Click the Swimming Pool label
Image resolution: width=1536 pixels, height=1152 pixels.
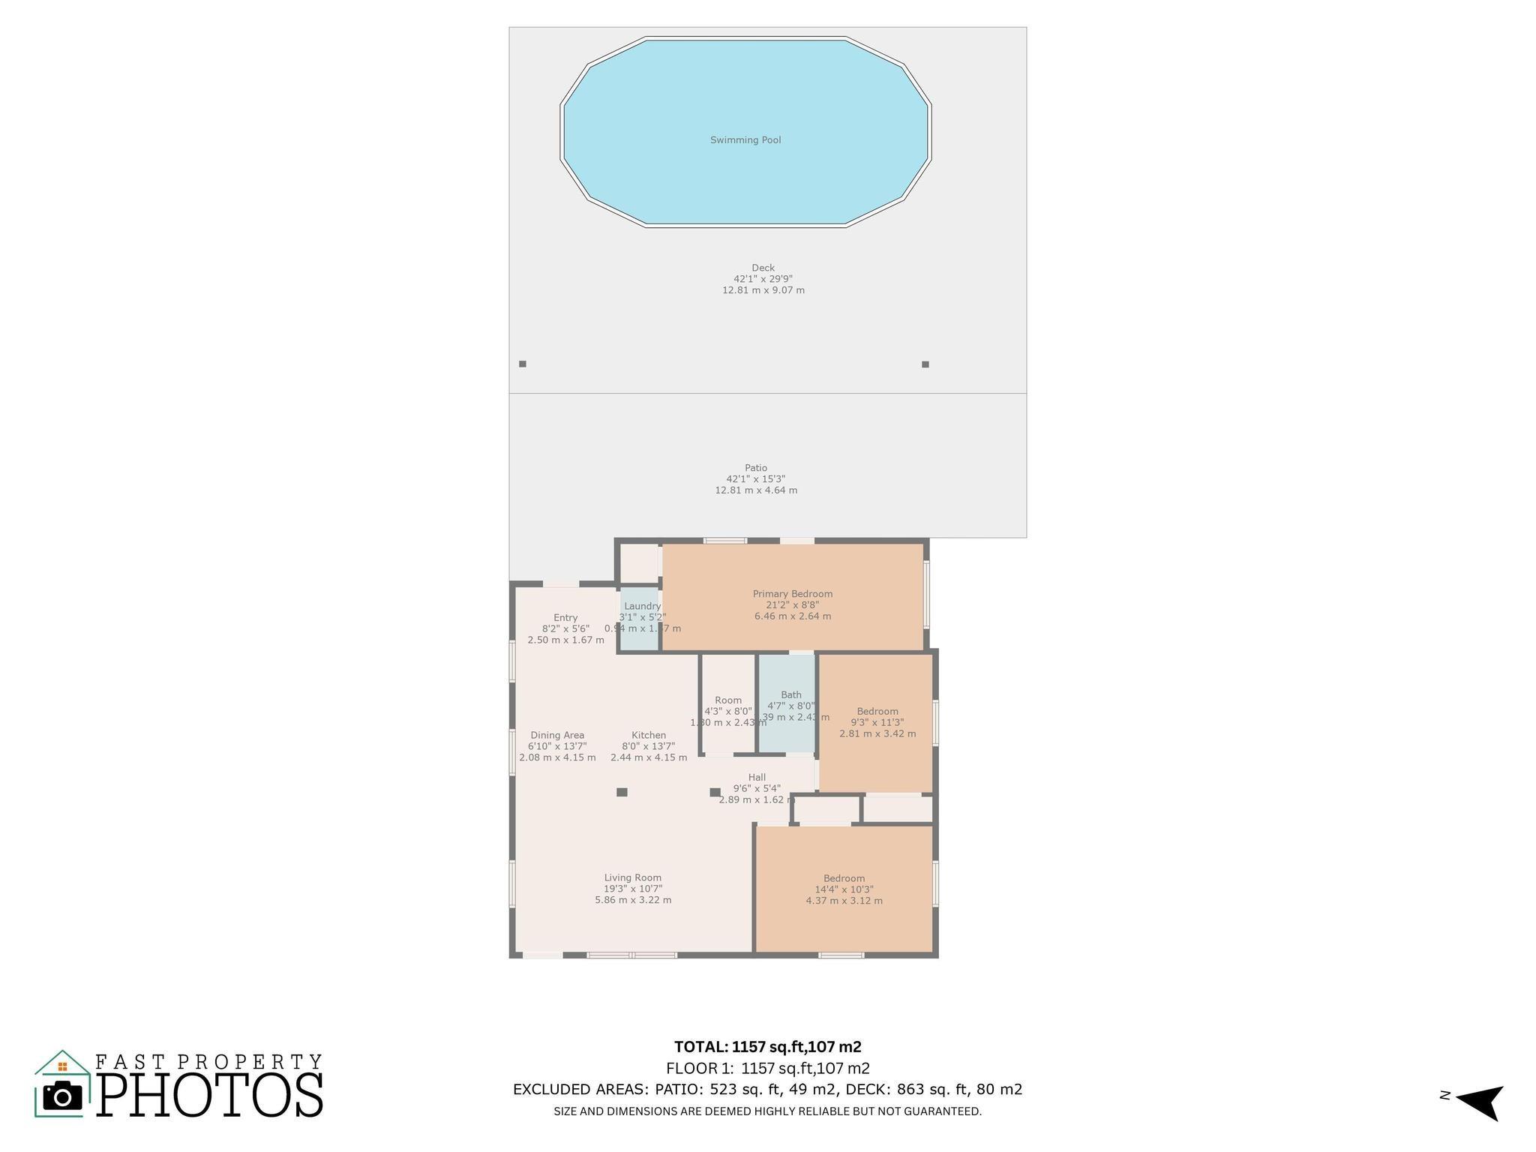pyautogui.click(x=745, y=140)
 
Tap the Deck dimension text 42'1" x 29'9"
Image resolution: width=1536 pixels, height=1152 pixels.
pyautogui.click(x=763, y=279)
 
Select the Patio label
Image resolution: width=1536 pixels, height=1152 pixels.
pyautogui.click(x=755, y=468)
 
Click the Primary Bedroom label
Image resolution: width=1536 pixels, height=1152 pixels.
pyautogui.click(x=792, y=594)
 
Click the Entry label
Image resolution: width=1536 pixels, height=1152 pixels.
pyautogui.click(x=565, y=618)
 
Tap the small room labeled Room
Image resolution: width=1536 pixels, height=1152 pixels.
pyautogui.click(x=727, y=705)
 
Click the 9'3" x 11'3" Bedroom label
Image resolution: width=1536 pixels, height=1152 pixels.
pyautogui.click(x=877, y=712)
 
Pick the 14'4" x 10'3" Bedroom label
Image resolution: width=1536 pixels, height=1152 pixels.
pyautogui.click(x=844, y=879)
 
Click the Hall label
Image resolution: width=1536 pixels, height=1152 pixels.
pyautogui.click(x=757, y=778)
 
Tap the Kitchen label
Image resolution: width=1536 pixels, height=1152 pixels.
pyautogui.click(x=648, y=736)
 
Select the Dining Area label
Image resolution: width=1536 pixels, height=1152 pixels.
pyautogui.click(x=556, y=736)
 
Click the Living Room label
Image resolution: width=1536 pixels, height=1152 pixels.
pyautogui.click(x=632, y=878)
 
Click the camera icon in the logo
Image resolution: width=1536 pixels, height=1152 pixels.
pyautogui.click(x=62, y=1096)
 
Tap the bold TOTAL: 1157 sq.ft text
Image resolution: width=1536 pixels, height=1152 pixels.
pyautogui.click(x=767, y=1047)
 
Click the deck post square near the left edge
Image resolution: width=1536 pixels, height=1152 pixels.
pyautogui.click(x=523, y=364)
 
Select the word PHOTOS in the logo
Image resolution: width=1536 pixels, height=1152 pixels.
pyautogui.click(x=210, y=1095)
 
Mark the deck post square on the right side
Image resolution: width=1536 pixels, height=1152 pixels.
pyautogui.click(x=925, y=364)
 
